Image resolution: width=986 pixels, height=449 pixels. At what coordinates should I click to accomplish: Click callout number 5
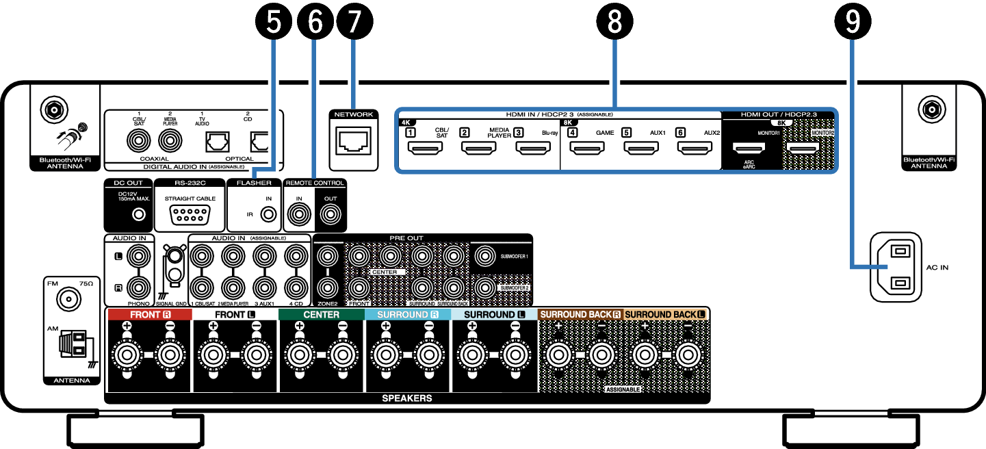(x=274, y=22)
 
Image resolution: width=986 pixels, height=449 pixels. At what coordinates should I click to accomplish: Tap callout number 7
(x=353, y=22)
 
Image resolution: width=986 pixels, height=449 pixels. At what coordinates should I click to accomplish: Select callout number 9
(x=851, y=22)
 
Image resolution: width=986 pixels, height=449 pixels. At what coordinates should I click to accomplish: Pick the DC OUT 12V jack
(x=140, y=215)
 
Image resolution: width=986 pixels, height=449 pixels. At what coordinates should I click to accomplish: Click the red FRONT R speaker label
(x=148, y=314)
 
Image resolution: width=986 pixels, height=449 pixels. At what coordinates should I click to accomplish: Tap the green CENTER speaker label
(x=321, y=314)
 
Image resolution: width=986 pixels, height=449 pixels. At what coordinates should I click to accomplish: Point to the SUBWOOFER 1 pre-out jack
(x=485, y=257)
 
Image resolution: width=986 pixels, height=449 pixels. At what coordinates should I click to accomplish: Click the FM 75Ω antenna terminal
(x=68, y=298)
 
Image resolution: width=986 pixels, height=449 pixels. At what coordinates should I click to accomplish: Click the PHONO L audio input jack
(x=140, y=257)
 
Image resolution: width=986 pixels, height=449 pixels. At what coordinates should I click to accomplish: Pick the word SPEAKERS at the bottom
(x=406, y=398)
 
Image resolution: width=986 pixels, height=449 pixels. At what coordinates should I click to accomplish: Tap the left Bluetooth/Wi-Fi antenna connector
(x=50, y=109)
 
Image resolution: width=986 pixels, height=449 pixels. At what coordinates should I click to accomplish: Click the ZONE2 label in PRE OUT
(x=327, y=302)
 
